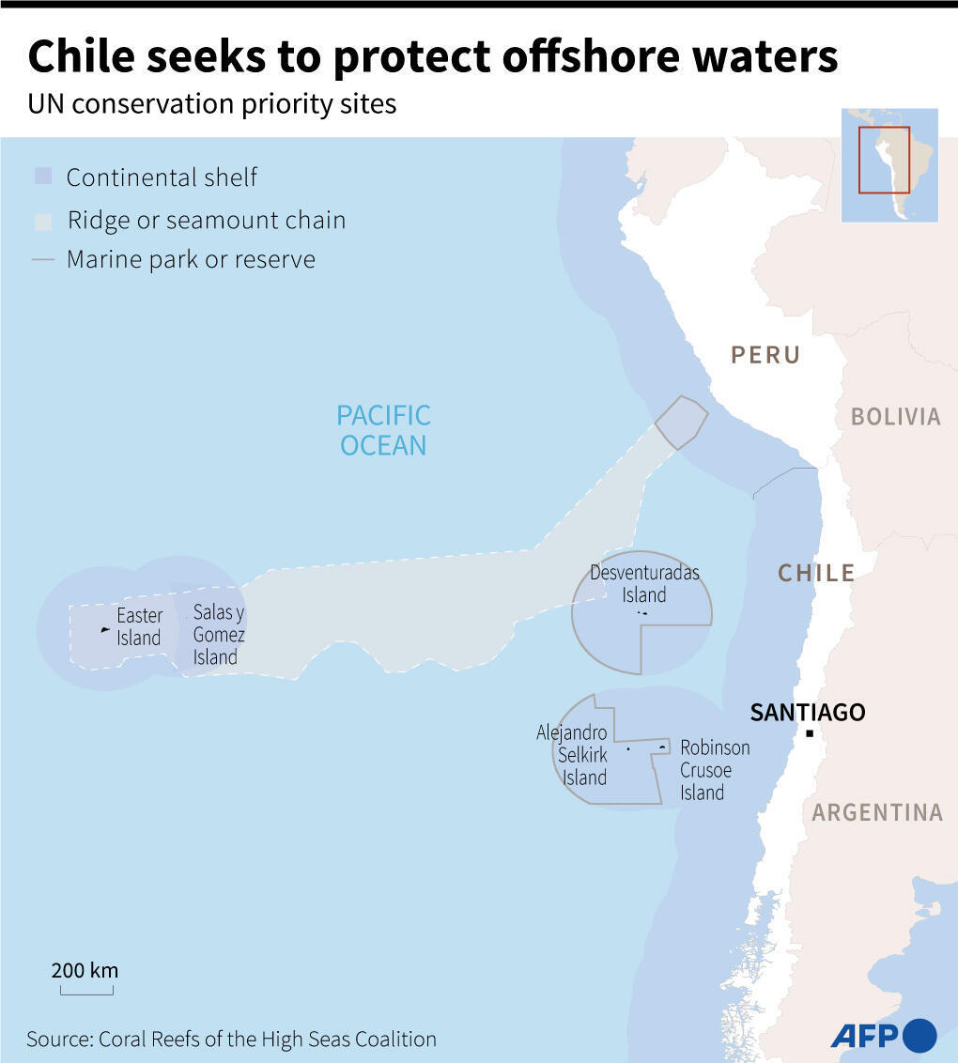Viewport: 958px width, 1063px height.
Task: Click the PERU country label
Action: (765, 355)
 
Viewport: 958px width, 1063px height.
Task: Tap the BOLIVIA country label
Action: (895, 417)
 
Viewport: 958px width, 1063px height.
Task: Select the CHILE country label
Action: (815, 573)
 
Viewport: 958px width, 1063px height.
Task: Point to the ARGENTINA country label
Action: (877, 812)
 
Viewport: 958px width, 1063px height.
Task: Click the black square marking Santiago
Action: (809, 733)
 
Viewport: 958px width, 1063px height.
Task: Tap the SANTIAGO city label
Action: (807, 712)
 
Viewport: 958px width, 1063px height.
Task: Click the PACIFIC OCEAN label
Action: (383, 429)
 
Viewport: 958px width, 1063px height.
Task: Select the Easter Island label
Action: (139, 627)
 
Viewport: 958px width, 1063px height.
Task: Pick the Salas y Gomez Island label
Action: (218, 635)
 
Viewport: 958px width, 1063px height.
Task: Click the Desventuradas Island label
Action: (644, 583)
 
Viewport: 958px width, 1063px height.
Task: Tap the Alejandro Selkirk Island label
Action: (572, 755)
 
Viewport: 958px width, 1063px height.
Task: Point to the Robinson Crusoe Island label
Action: (714, 770)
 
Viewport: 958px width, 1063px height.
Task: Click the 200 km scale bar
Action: (85, 989)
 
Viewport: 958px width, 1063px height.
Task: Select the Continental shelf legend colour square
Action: (42, 177)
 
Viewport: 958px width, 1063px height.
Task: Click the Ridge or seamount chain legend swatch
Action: (42, 221)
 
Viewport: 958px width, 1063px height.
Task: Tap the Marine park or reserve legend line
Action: (42, 260)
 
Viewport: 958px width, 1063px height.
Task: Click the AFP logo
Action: (883, 1035)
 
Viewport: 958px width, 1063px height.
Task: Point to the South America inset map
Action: (888, 164)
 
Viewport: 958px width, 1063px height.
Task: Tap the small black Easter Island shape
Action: (105, 628)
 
